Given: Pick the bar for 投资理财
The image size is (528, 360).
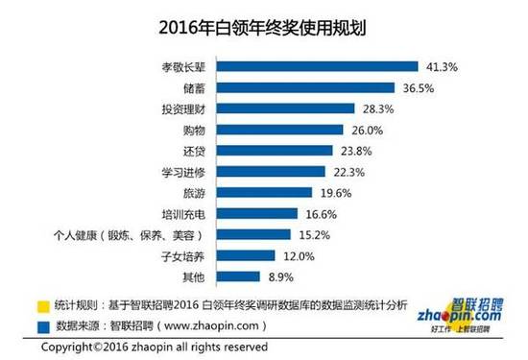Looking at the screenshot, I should tap(283, 109).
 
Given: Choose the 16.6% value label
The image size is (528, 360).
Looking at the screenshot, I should tap(322, 213).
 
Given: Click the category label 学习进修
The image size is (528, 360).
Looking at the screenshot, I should tap(183, 172).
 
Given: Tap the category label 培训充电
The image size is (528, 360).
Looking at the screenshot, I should tap(183, 213).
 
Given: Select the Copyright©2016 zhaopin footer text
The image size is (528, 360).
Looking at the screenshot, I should tap(130, 347).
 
